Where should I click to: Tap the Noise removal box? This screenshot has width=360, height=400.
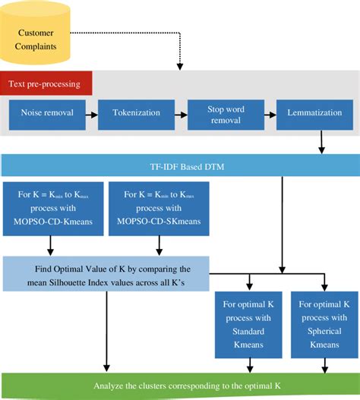pyautogui.click(x=47, y=114)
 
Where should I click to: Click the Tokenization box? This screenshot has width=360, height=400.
pyautogui.click(x=136, y=114)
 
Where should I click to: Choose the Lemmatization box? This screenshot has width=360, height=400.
pyautogui.click(x=311, y=114)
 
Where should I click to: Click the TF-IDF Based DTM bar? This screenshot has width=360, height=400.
pyautogui.click(x=180, y=165)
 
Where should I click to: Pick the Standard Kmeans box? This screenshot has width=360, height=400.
pyautogui.click(x=248, y=324)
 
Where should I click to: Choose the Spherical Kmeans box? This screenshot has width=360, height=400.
pyautogui.click(x=325, y=324)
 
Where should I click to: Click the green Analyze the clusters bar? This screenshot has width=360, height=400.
pyautogui.click(x=180, y=385)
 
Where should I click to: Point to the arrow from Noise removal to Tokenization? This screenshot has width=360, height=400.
pyautogui.click(x=92, y=115)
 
